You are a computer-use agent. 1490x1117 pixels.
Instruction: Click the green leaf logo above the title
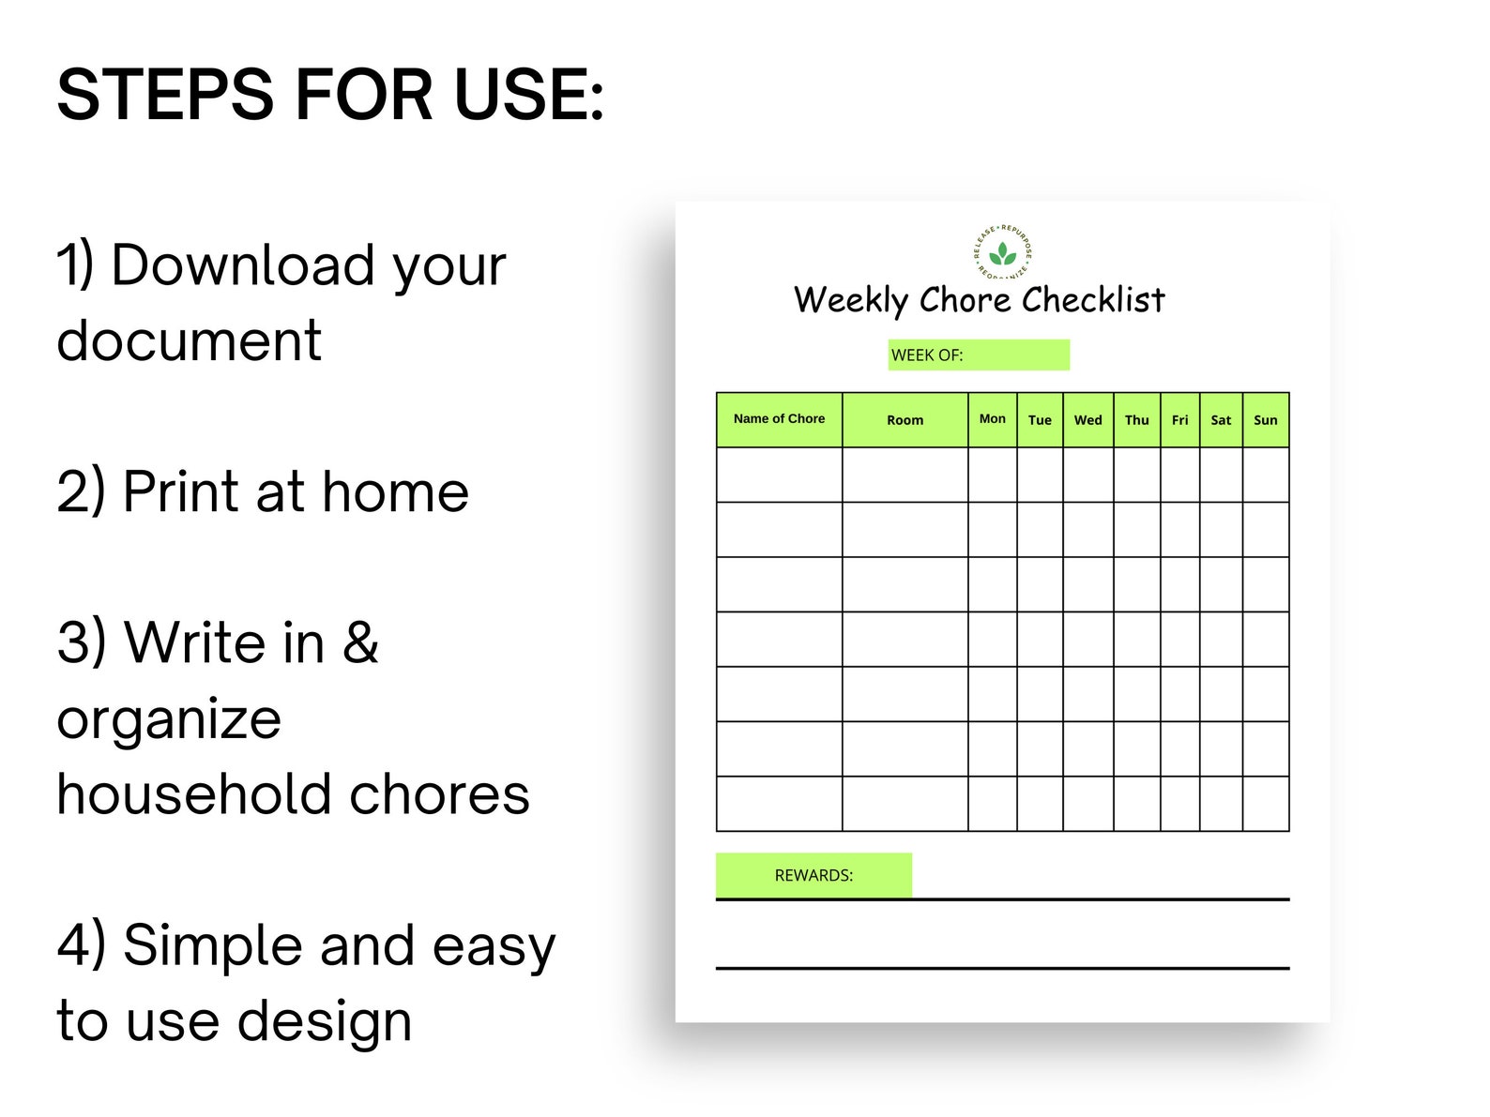[1002, 252]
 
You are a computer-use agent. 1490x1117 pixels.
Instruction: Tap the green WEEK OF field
[978, 355]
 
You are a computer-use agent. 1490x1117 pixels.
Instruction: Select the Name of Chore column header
[779, 419]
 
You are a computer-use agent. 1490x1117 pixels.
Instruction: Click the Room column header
[905, 420]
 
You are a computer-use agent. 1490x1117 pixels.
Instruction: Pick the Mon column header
[992, 419]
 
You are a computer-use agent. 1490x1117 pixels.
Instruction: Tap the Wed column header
[1087, 420]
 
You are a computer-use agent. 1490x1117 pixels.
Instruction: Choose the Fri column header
[1179, 420]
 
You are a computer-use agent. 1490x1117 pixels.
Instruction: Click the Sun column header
[1265, 420]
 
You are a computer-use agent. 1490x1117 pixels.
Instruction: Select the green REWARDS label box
[813, 875]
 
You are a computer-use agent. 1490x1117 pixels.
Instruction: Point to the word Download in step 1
[242, 265]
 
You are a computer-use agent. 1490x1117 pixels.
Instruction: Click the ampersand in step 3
[360, 643]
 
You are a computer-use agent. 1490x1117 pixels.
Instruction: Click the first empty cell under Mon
[992, 475]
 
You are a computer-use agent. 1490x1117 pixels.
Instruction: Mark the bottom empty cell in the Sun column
[1265, 804]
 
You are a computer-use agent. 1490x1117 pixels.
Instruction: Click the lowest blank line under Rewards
[1002, 967]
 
